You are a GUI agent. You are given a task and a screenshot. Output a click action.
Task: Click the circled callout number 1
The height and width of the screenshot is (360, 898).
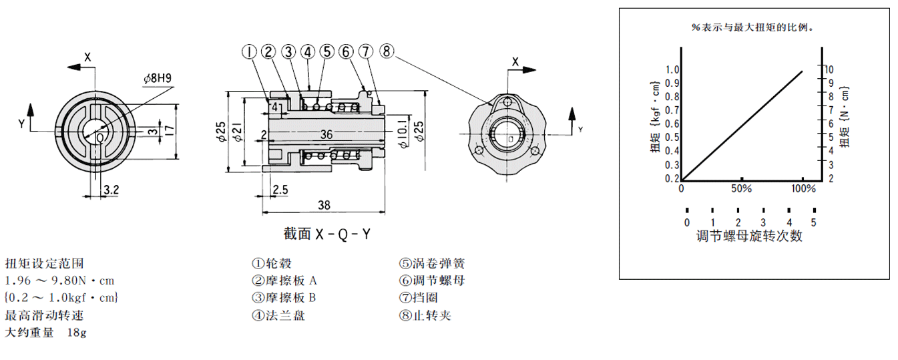pos(249,52)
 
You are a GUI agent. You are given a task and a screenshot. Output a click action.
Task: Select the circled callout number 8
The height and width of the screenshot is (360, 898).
pos(387,51)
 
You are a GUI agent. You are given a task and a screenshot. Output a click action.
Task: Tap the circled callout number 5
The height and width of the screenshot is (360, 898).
pos(326,51)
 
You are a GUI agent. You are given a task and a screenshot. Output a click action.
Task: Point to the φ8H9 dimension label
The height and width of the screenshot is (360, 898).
pos(157,78)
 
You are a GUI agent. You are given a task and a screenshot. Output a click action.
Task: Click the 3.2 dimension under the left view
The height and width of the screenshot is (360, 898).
pos(111,190)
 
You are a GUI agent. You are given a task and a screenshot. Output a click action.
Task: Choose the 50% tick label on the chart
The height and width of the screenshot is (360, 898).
pos(742,189)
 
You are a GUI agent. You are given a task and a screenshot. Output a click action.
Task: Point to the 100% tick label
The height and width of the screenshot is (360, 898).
pos(803,189)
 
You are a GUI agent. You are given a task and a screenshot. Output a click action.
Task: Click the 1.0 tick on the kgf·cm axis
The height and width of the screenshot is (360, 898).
pos(671,69)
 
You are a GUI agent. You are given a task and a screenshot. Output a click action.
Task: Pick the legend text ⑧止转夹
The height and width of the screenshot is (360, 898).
pos(425,315)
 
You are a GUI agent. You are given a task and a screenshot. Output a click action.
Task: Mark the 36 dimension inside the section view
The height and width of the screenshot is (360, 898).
pos(326,134)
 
